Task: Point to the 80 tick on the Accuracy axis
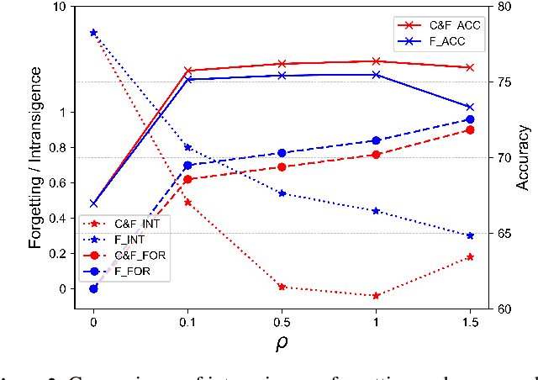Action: [505, 7]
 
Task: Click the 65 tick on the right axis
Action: [505, 234]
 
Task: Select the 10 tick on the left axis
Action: [59, 7]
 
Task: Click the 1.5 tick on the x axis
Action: [470, 321]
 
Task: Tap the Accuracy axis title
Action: [525, 158]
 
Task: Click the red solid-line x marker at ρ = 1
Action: [376, 61]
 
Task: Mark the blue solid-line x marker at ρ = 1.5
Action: [470, 107]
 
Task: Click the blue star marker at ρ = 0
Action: [93, 32]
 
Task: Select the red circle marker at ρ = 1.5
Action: [470, 129]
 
